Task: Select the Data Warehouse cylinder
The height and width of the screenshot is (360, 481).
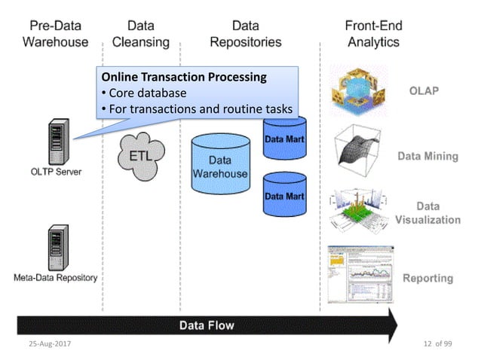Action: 219,168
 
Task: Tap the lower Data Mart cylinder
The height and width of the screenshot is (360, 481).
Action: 284,195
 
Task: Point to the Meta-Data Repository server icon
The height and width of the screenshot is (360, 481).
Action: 55,249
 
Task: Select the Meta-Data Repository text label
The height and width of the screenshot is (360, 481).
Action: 55,277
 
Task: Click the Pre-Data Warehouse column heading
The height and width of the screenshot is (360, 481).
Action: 55,34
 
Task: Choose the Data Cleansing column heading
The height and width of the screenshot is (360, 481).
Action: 141,34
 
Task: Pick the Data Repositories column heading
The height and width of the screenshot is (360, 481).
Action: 246,34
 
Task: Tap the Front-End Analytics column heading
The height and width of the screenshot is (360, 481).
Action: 373,34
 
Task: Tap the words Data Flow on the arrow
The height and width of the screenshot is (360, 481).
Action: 207,325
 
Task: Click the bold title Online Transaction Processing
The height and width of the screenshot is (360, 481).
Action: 184,78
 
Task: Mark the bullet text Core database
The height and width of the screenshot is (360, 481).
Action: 147,93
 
